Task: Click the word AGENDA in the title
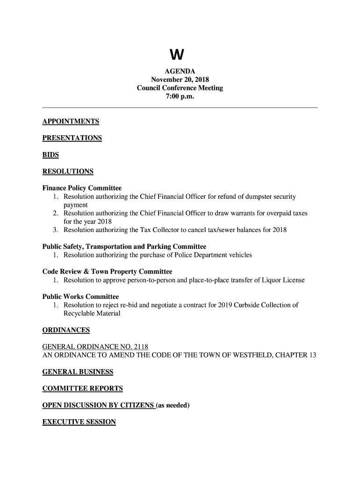[180, 72]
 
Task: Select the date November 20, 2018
[180, 80]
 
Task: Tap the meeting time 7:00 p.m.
[180, 96]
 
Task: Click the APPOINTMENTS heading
[71, 122]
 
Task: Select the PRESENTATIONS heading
[72, 138]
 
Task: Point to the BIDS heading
[50, 155]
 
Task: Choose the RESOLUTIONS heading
[68, 171]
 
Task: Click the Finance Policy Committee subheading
[82, 188]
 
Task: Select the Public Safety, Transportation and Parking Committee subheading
[124, 247]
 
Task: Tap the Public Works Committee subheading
[80, 297]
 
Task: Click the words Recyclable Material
[92, 313]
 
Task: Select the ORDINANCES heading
[66, 330]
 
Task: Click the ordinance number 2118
[141, 347]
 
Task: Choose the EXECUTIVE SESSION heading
[79, 422]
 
